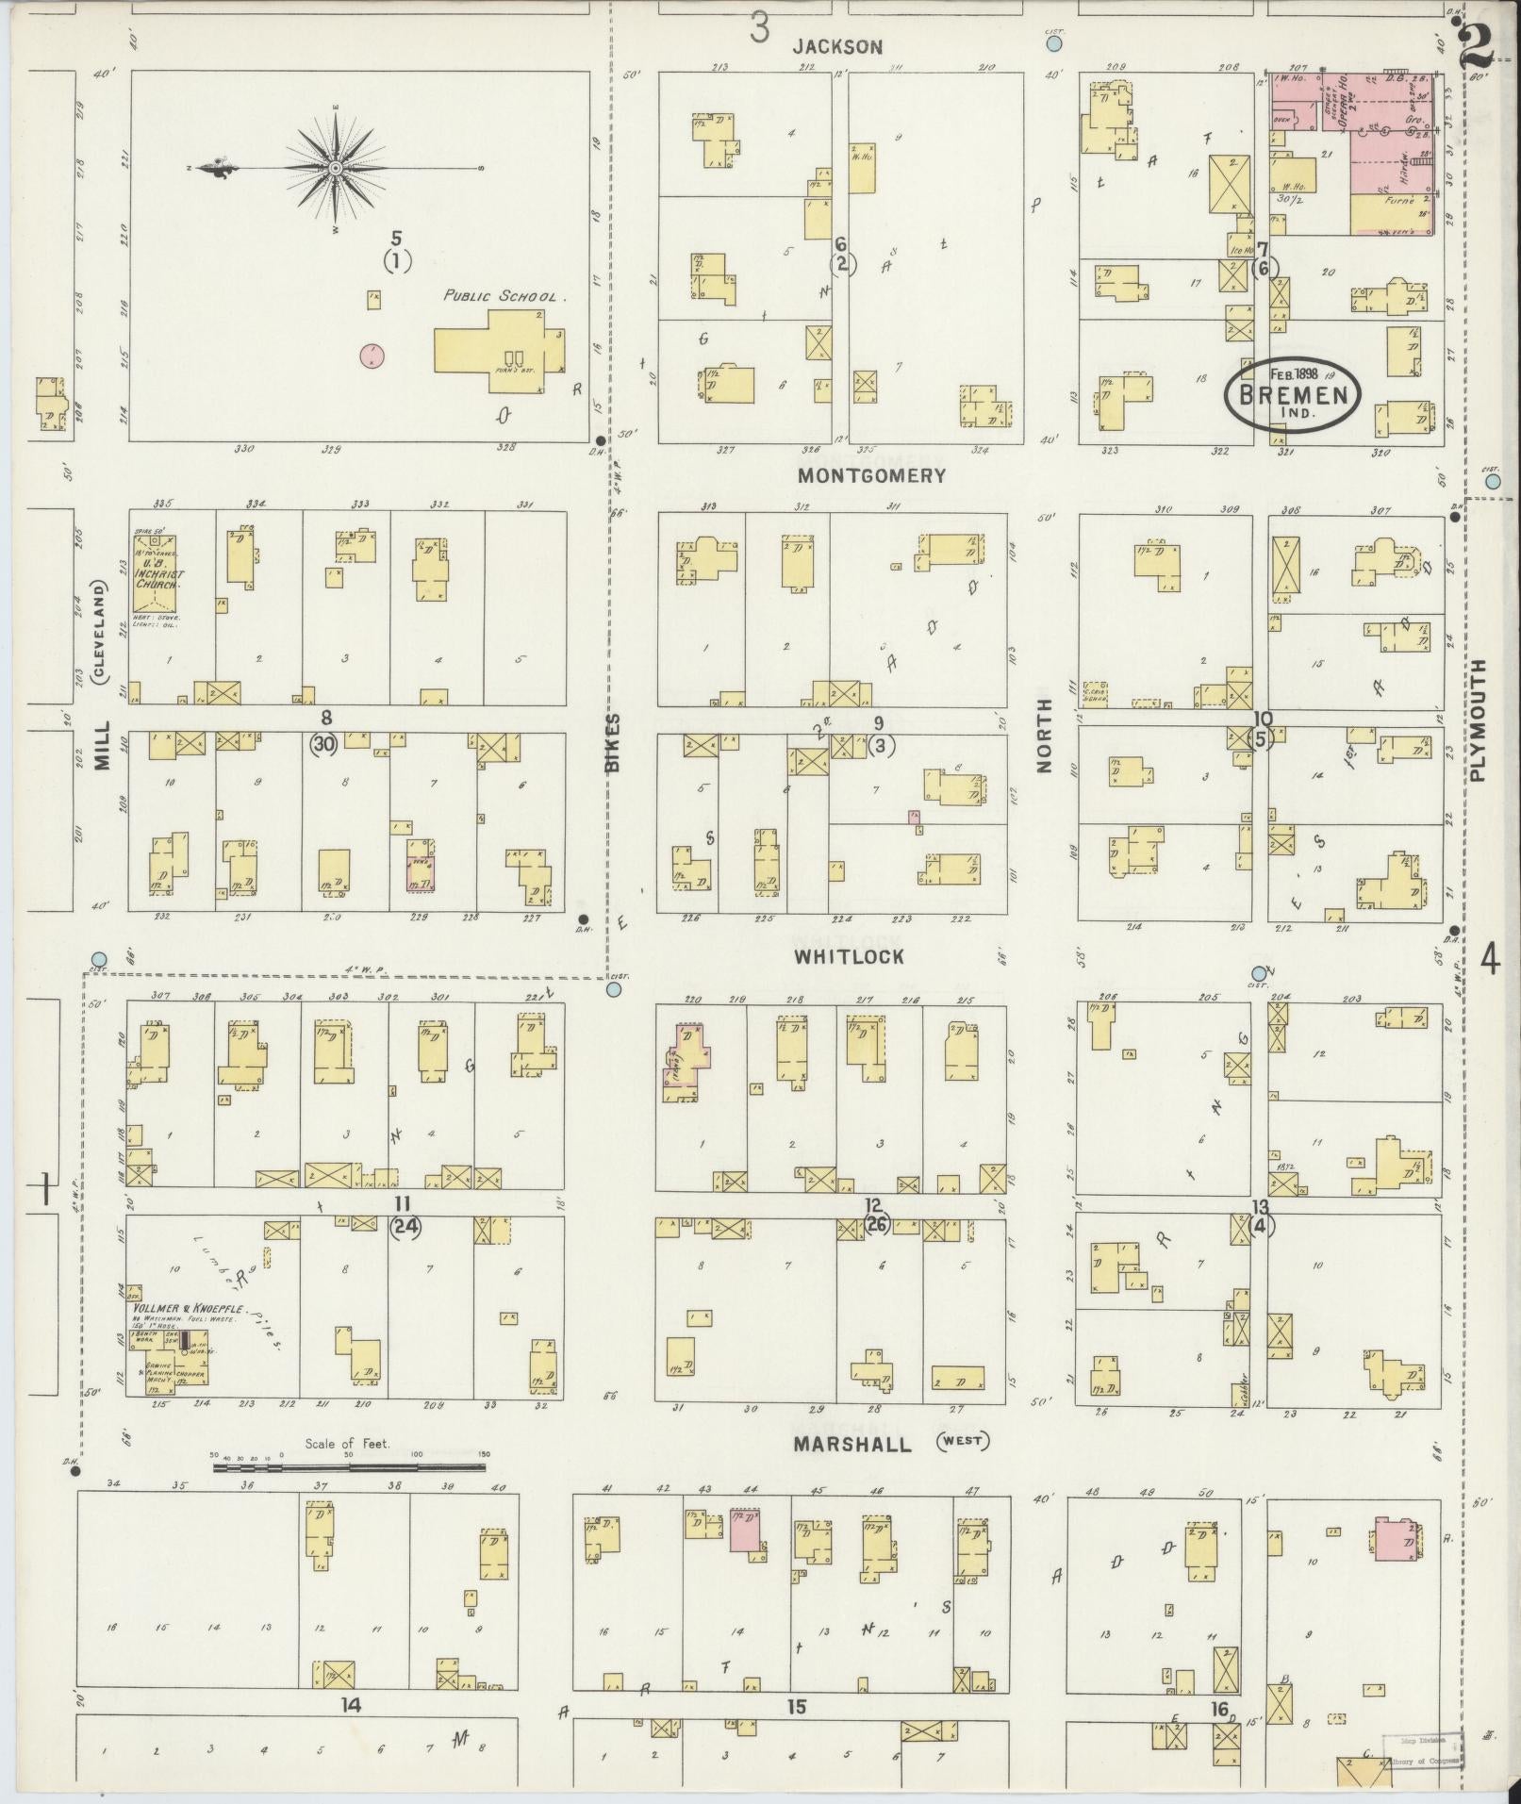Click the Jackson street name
pyautogui.click(x=837, y=46)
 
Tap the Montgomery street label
pyautogui.click(x=870, y=475)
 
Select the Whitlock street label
pyautogui.click(x=849, y=956)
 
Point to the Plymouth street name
pyautogui.click(x=1477, y=720)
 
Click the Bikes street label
pyautogui.click(x=613, y=744)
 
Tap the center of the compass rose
pyautogui.click(x=335, y=168)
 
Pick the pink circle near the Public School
pyautogui.click(x=374, y=356)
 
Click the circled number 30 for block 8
pyautogui.click(x=324, y=744)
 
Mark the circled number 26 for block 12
pyautogui.click(x=876, y=1225)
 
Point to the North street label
pyautogui.click(x=1044, y=751)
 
